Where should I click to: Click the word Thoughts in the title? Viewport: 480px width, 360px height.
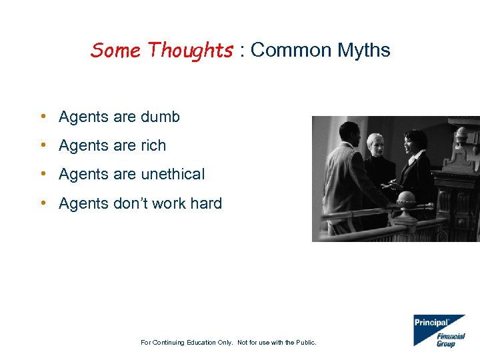click(191, 50)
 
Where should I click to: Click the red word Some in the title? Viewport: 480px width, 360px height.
click(117, 50)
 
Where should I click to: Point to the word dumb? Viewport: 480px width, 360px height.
click(160, 117)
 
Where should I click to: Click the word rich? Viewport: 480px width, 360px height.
click(153, 146)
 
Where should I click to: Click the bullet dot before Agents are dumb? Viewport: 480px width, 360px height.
click(42, 117)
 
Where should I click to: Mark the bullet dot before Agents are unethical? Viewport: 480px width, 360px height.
click(42, 175)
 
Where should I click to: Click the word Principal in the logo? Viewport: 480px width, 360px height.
click(431, 323)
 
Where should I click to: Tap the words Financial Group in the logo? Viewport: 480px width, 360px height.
click(450, 340)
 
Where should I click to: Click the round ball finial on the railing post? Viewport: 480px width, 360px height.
click(405, 197)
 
